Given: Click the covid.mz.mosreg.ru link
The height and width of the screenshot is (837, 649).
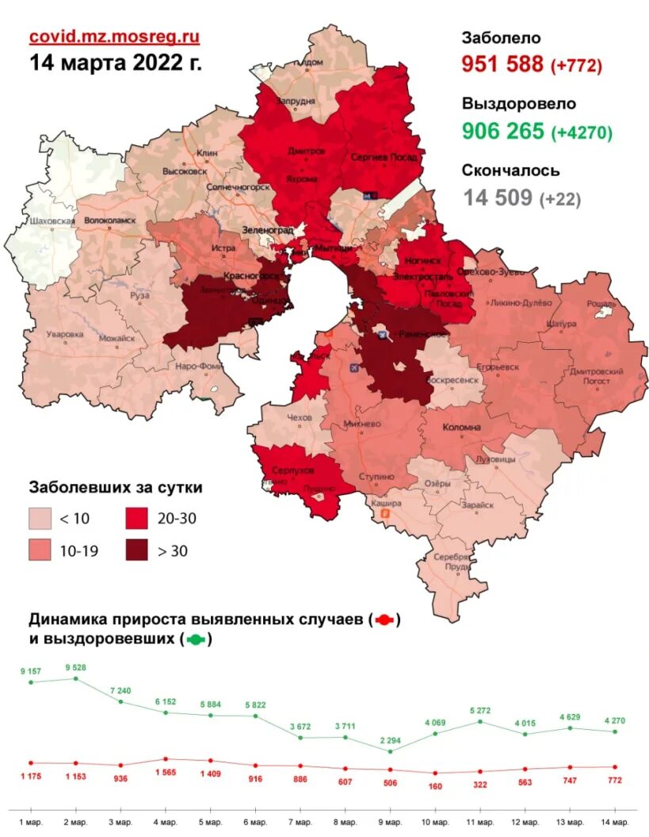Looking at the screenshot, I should point(114,36).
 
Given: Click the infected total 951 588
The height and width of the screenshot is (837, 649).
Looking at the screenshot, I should point(502,65).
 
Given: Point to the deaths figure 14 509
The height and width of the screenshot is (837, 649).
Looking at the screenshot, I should point(498,198).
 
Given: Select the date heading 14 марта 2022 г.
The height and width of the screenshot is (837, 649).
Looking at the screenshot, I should point(116,63).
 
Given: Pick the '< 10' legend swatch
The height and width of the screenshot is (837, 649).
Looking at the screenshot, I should point(41,519).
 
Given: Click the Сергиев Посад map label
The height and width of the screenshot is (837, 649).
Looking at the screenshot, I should point(384,158).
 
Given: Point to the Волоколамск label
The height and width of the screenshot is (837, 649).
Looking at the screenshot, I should point(110,220).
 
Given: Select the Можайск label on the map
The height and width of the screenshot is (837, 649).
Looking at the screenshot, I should point(116,338).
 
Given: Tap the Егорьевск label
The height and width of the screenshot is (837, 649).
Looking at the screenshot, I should point(497,368).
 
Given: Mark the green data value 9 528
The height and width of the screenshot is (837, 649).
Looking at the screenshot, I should point(75,667).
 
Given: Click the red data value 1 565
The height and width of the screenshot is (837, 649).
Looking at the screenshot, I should point(166,773).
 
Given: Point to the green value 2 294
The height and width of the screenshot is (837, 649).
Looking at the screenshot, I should point(391,740).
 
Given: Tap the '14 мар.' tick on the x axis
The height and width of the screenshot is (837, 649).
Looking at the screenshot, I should point(614,821).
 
